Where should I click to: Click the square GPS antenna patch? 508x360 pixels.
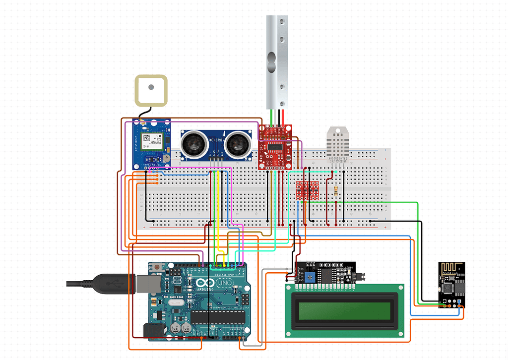pyautogui.click(x=151, y=91)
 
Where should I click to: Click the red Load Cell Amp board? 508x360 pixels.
pyautogui.click(x=275, y=148)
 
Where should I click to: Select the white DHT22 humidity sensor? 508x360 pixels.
pyautogui.click(x=340, y=144)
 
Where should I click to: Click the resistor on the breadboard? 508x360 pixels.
pyautogui.click(x=337, y=191)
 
